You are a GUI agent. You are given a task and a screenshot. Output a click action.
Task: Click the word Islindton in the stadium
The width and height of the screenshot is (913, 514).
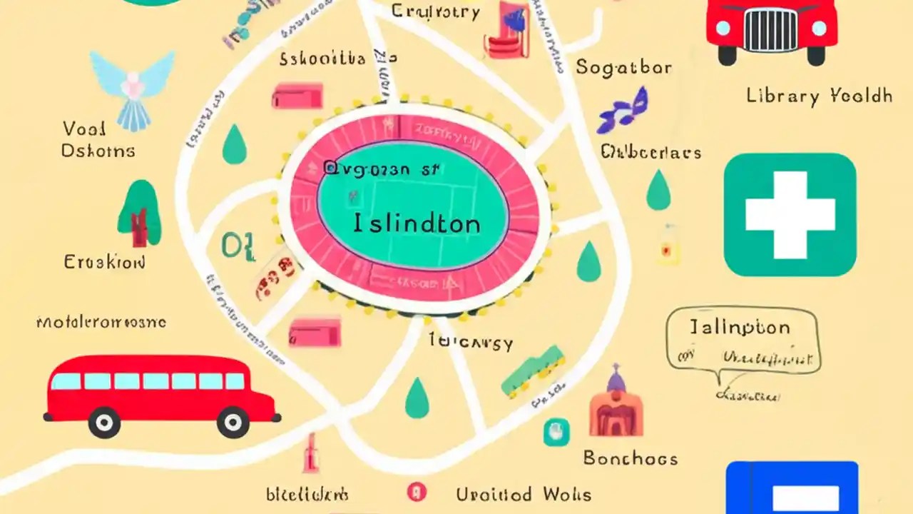tap(417, 224)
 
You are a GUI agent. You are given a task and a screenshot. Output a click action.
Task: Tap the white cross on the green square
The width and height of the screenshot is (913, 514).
tap(790, 214)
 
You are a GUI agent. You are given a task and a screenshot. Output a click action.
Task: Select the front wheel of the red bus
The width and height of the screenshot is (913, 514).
tap(233, 422)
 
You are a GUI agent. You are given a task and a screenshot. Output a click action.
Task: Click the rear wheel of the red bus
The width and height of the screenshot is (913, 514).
tap(104, 422)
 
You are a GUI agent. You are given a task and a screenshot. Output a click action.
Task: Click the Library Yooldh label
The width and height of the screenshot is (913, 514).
tap(819, 96)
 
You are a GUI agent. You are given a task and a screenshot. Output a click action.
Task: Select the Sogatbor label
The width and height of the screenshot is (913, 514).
tap(623, 68)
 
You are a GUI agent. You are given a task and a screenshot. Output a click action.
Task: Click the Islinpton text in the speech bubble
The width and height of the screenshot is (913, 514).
tap(740, 328)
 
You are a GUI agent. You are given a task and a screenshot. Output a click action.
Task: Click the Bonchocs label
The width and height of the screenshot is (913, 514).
tap(630, 458)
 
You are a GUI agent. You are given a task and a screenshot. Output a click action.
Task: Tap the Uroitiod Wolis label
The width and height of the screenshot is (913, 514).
tap(524, 494)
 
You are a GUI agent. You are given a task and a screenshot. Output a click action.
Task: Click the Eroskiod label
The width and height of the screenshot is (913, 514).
tap(105, 262)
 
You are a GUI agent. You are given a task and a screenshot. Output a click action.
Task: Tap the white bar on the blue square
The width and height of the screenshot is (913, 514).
tap(805, 498)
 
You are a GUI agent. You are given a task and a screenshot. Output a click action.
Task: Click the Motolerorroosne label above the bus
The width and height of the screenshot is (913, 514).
tap(101, 323)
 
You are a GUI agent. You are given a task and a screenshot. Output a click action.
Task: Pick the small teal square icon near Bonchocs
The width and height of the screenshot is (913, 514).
tap(556, 432)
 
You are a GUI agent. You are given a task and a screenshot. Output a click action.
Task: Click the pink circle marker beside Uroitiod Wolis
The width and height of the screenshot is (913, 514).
tap(416, 492)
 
